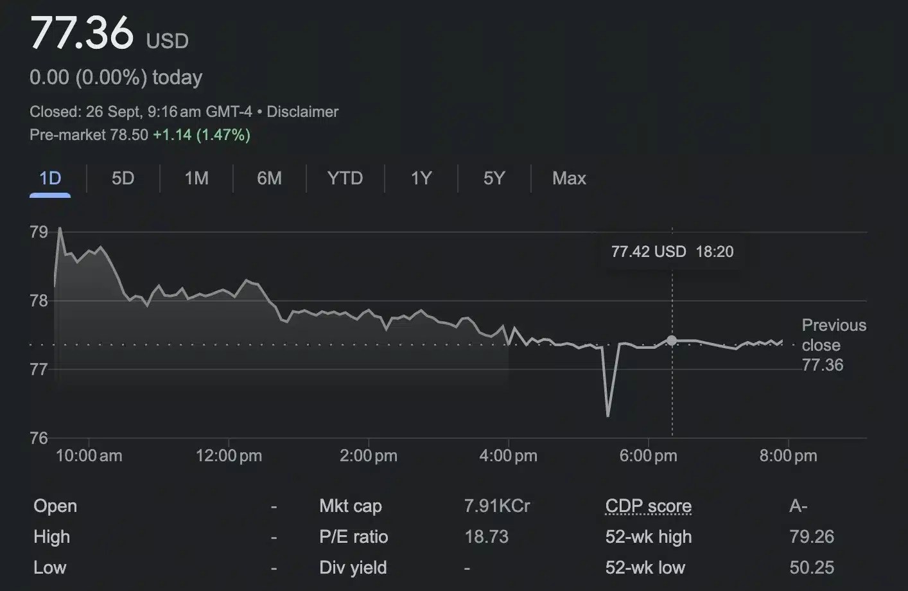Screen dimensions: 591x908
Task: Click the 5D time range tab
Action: pyautogui.click(x=123, y=178)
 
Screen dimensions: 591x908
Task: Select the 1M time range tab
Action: pyautogui.click(x=196, y=178)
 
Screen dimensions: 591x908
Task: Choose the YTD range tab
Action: pyautogui.click(x=345, y=178)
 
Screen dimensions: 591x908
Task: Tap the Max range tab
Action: pyautogui.click(x=569, y=178)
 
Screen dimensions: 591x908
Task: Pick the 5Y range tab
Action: pyautogui.click(x=494, y=178)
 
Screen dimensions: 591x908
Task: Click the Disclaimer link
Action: pyautogui.click(x=302, y=112)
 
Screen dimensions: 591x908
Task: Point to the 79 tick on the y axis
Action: pyautogui.click(x=39, y=232)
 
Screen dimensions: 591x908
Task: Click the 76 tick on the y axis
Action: pyautogui.click(x=39, y=438)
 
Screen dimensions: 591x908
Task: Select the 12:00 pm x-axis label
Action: pyautogui.click(x=229, y=456)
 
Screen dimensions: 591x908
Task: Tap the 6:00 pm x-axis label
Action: pyautogui.click(x=648, y=456)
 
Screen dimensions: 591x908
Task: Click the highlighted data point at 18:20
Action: pyautogui.click(x=672, y=340)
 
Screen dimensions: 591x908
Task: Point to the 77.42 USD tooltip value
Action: pyautogui.click(x=649, y=252)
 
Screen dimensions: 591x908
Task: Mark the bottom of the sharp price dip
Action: pyautogui.click(x=607, y=415)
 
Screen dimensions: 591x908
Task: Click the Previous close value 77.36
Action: pyautogui.click(x=823, y=365)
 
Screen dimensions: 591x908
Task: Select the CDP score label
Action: pyautogui.click(x=649, y=506)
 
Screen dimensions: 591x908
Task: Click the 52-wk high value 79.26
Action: pyautogui.click(x=812, y=537)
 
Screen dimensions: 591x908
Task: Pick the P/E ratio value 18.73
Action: pyautogui.click(x=486, y=537)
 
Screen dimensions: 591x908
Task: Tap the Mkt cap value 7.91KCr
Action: pyautogui.click(x=497, y=506)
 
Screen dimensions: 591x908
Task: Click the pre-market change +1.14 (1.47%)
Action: pyautogui.click(x=202, y=135)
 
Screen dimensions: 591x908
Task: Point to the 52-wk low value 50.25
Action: pyautogui.click(x=812, y=568)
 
